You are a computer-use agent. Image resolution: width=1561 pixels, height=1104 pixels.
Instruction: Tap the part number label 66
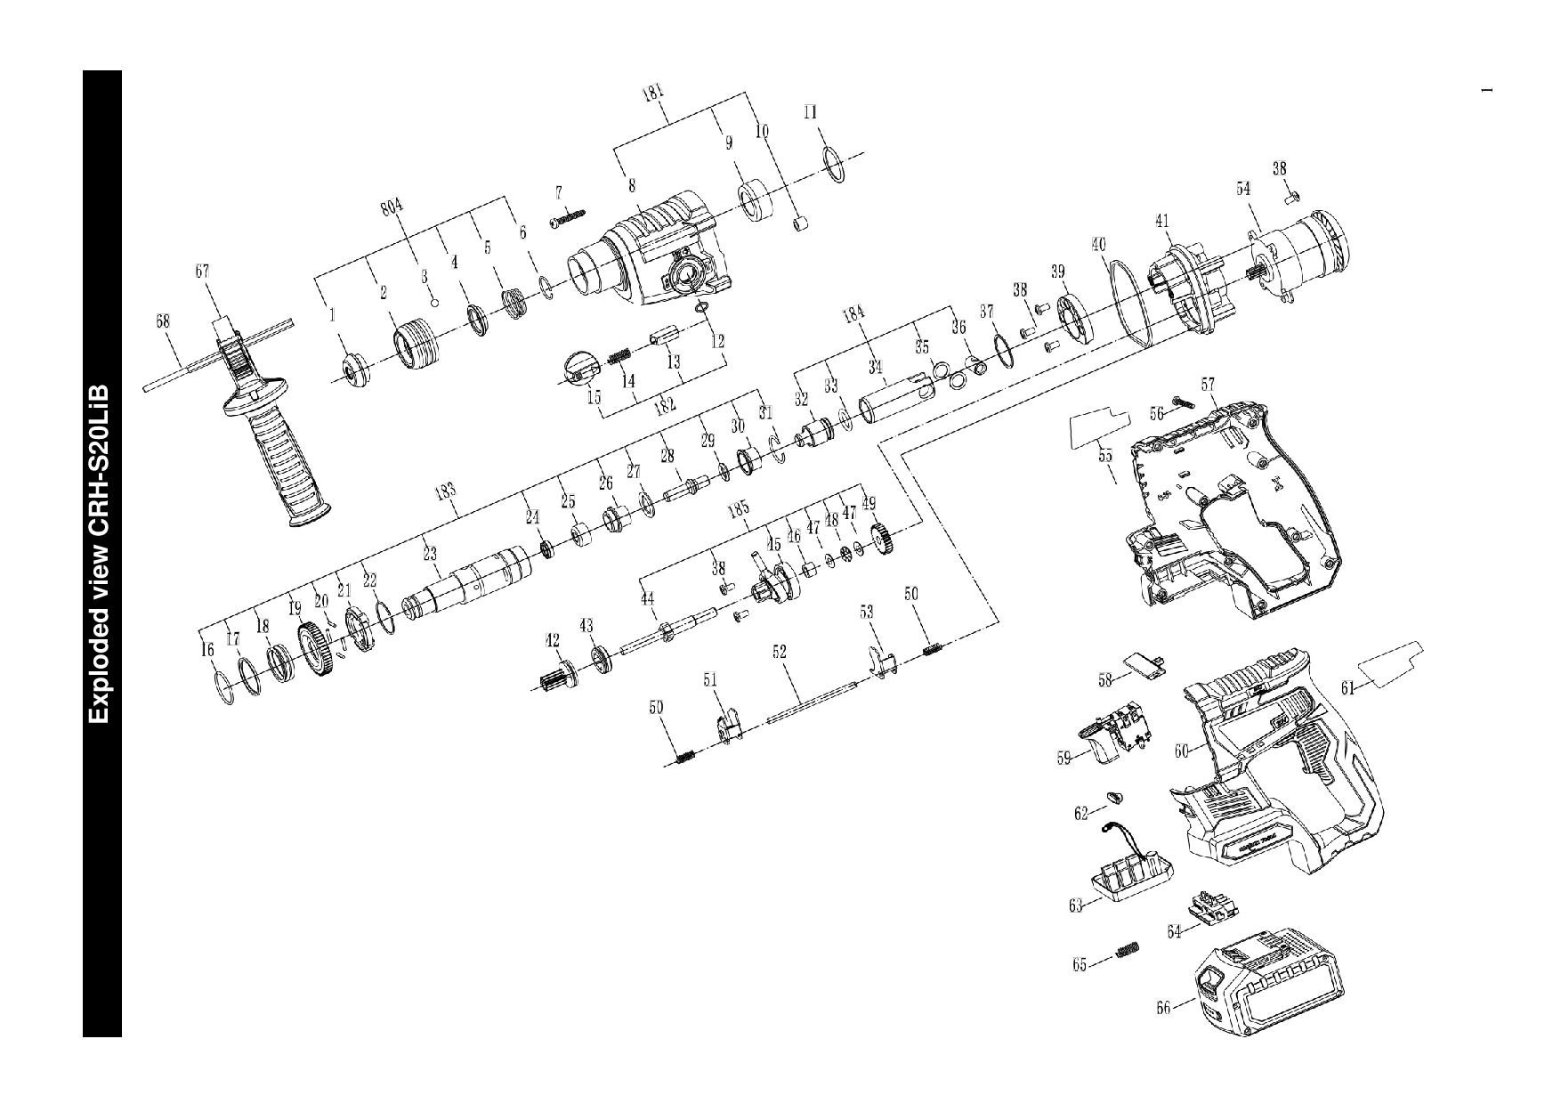tap(1163, 1009)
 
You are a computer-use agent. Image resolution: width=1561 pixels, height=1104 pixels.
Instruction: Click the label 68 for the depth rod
tap(164, 321)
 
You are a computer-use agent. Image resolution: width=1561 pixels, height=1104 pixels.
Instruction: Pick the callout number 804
tap(392, 207)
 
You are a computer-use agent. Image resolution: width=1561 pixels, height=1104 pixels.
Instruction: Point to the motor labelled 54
tap(1299, 254)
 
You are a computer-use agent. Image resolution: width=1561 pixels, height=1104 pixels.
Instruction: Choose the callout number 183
tap(445, 491)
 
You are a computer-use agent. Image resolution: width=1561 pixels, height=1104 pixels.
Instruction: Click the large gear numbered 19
tap(311, 651)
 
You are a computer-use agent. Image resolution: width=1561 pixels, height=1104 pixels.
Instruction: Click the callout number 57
tap(1208, 385)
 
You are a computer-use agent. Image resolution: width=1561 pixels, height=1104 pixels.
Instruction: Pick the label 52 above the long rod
tap(780, 653)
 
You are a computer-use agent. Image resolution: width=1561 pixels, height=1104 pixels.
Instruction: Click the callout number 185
tap(738, 508)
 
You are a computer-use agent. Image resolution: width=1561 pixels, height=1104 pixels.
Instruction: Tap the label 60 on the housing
tap(1181, 751)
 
